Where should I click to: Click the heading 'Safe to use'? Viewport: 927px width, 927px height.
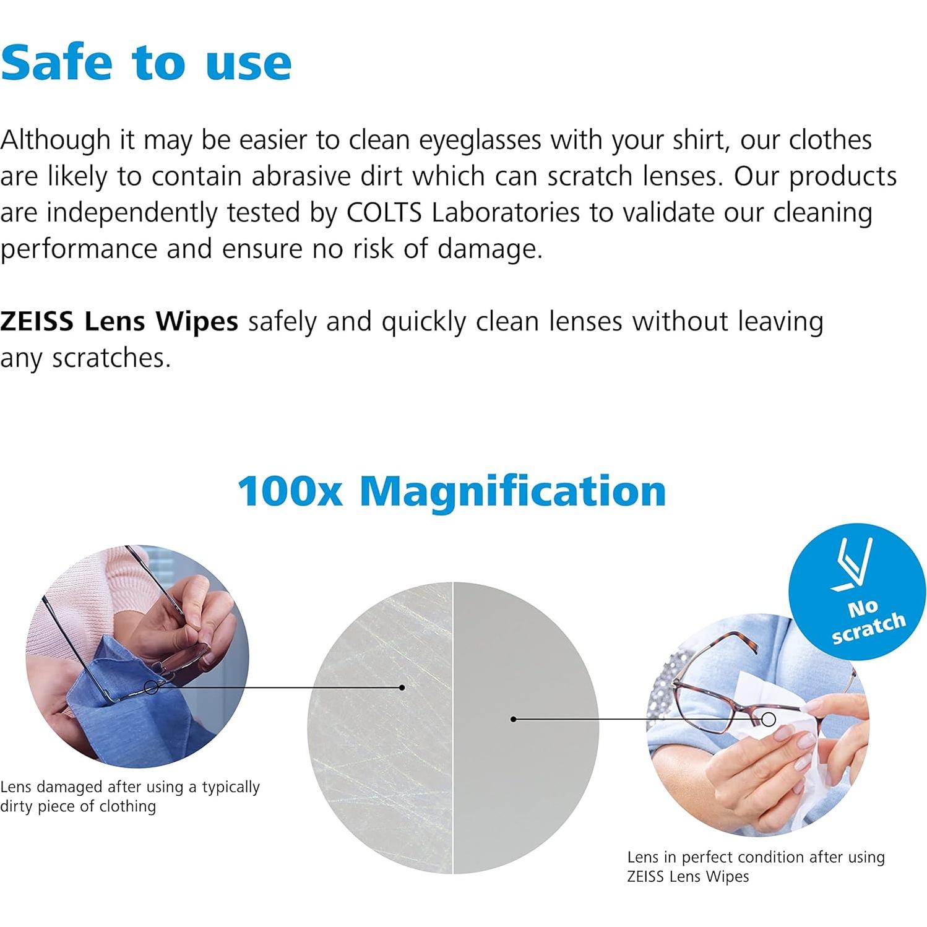point(146,63)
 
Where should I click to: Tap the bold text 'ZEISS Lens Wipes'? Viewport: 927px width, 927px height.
point(119,321)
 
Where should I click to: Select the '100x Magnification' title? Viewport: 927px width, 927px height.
point(452,491)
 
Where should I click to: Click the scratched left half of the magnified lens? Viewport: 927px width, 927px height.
point(380,728)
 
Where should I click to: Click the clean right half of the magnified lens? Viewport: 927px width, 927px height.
point(526,728)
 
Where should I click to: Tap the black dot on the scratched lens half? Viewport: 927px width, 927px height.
point(402,688)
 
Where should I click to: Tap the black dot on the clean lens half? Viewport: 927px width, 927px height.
point(513,719)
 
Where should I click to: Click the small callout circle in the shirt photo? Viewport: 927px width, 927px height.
point(151,687)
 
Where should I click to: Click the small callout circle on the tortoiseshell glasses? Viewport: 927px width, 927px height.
point(769,719)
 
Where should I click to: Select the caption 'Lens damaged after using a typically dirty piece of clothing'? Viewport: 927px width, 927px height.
point(130,796)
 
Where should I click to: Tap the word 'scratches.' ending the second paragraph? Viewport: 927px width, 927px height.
point(111,358)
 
